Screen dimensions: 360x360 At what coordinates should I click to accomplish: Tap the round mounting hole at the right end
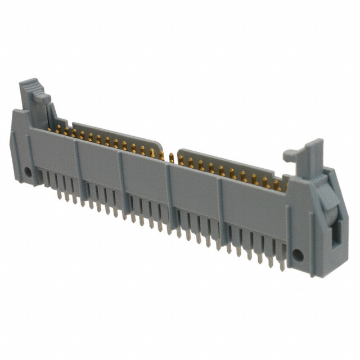point(298,255)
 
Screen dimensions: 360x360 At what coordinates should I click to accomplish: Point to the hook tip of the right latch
point(287,153)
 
